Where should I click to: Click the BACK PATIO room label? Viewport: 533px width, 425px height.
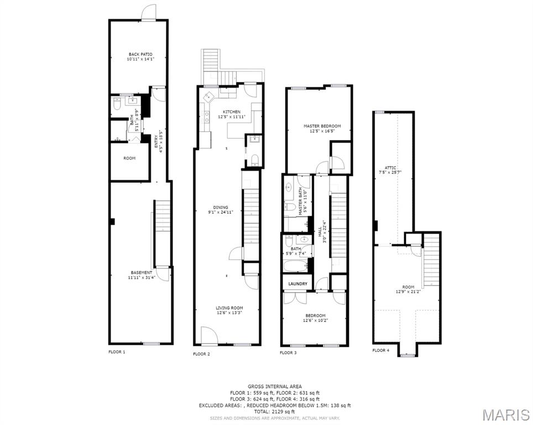140,54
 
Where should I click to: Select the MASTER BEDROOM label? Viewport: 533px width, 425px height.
322,126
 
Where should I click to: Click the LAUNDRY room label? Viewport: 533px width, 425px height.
297,284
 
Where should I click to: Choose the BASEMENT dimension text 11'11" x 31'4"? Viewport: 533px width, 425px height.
141,278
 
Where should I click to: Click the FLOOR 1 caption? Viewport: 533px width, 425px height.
117,351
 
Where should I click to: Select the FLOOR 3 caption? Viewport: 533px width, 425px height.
288,353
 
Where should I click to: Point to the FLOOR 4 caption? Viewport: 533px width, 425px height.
380,350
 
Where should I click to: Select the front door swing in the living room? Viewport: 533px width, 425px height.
208,335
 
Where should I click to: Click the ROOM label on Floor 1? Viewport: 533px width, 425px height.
129,158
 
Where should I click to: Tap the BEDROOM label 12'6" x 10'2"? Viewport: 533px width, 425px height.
315,315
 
